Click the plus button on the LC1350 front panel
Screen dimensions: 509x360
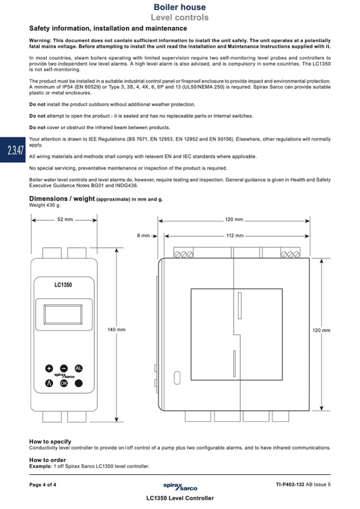tap(49, 368)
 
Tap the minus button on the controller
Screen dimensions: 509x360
tap(64, 368)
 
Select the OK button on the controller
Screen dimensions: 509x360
tap(64, 383)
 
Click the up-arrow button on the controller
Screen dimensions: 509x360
tap(49, 383)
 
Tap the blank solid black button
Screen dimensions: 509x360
tap(79, 383)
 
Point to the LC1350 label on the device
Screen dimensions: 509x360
tap(63, 284)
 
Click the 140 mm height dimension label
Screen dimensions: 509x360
tap(116, 330)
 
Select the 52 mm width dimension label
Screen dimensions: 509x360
tap(65, 219)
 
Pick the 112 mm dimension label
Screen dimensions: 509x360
tap(235, 235)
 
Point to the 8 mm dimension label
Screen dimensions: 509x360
tap(143, 235)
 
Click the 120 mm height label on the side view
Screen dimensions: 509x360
tap(321, 330)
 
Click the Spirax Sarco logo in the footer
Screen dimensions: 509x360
tap(180, 486)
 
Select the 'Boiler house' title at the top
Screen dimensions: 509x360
tap(179, 7)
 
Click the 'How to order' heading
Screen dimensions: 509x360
tap(48, 460)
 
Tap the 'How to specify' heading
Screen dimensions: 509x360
tap(50, 441)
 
